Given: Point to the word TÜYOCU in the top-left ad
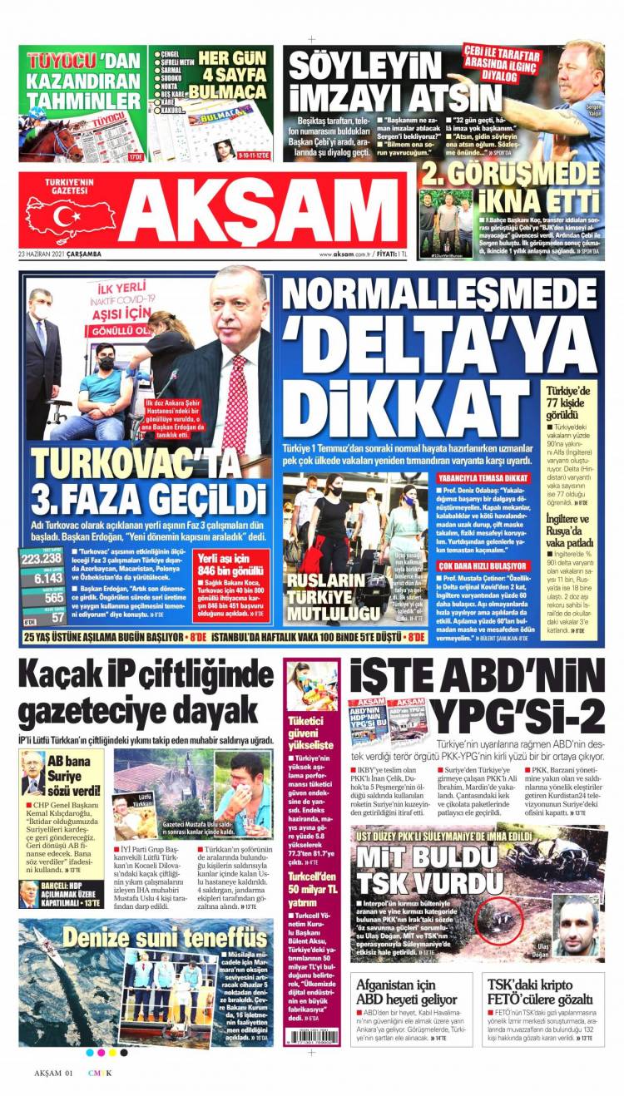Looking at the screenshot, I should pyautogui.click(x=61, y=61).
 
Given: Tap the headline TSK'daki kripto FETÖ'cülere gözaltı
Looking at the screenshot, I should pyautogui.click(x=540, y=990).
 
